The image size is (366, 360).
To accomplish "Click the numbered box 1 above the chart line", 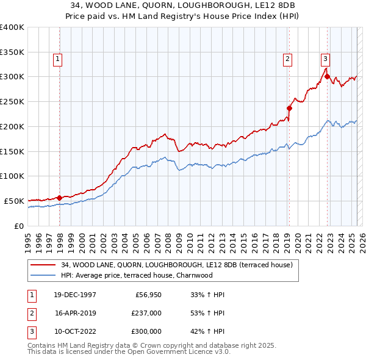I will click(x=57, y=59).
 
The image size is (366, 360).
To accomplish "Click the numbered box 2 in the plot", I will click(x=287, y=59).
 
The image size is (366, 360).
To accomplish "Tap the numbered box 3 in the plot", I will click(x=325, y=59).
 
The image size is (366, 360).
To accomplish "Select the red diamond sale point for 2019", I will click(x=289, y=109).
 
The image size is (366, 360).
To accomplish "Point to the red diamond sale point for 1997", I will click(x=59, y=197).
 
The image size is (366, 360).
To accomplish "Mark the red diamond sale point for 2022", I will click(x=327, y=77).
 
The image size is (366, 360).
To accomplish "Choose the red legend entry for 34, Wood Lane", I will click(x=177, y=265).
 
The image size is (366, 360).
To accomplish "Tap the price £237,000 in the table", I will click(x=147, y=313).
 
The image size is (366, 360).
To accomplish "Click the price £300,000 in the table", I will click(x=147, y=331).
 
